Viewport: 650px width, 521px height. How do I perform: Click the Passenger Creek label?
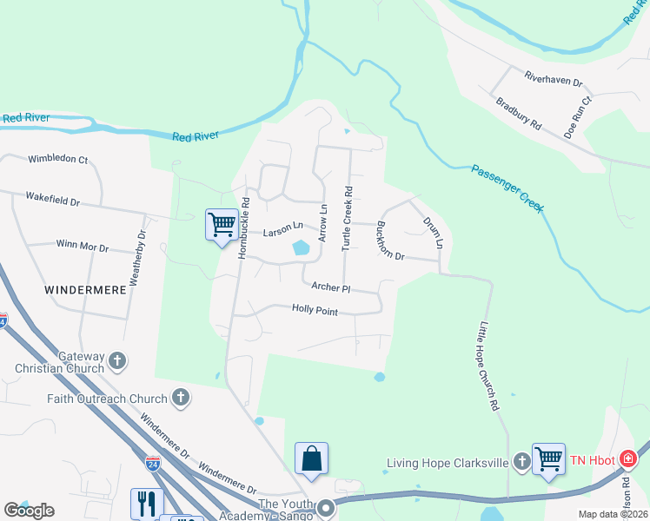508,188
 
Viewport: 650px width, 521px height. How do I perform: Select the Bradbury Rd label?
519,114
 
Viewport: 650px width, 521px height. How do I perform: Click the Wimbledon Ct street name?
58,160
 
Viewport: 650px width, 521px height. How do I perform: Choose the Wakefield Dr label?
52,200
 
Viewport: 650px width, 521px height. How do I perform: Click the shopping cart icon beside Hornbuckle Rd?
222,224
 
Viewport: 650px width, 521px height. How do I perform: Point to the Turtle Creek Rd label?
347,218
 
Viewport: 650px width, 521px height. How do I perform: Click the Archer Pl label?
331,287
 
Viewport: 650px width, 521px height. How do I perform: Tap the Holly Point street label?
315,309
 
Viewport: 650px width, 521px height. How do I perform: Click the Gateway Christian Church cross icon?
117,359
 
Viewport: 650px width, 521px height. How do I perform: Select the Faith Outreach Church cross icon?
180,399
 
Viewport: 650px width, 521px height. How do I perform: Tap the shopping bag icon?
311,458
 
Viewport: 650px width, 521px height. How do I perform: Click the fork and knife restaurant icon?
146,504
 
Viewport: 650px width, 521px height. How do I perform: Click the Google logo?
29,511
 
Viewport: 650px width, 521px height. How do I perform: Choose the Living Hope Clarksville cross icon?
521,462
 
